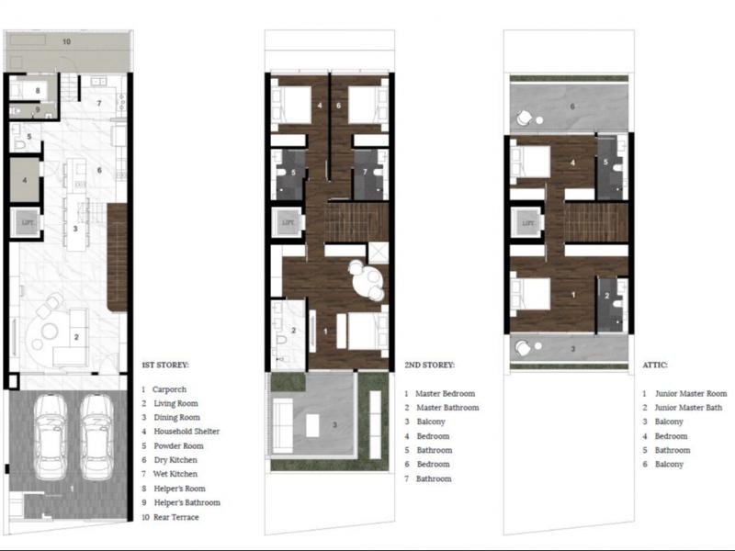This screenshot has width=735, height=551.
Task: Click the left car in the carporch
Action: tap(51, 437)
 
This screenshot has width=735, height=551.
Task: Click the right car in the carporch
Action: tap(97, 437)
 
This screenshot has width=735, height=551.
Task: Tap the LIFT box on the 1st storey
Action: tap(28, 222)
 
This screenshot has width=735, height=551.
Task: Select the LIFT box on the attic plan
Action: tap(527, 223)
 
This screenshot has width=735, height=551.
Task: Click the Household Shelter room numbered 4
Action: tap(25, 179)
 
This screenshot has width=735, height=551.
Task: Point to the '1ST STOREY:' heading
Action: tap(165, 365)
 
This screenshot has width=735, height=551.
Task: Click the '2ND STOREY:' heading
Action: tap(429, 365)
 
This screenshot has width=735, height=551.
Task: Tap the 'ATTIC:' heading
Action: tap(655, 365)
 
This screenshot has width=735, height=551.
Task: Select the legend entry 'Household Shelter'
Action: tap(187, 431)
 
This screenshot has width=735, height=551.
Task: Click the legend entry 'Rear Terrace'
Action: tap(176, 517)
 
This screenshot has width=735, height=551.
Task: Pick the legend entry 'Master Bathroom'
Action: tap(447, 408)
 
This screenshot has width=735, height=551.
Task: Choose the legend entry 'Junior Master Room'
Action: tap(691, 394)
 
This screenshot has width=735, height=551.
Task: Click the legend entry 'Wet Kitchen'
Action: tap(175, 474)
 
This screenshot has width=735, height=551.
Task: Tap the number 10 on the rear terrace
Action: tap(66, 41)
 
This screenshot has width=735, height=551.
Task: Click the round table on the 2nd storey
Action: tap(368, 282)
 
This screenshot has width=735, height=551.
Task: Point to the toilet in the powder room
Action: tap(19, 143)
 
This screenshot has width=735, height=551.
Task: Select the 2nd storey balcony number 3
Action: tap(334, 425)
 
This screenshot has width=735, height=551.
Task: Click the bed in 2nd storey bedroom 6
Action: tap(368, 105)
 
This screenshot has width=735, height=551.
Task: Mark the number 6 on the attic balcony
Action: tap(571, 107)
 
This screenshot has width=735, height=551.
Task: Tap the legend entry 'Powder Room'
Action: tap(178, 445)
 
